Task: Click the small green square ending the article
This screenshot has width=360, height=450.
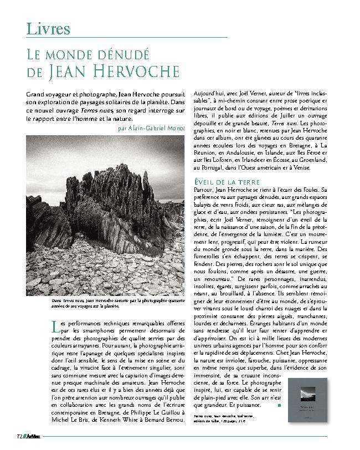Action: [x=279, y=405]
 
